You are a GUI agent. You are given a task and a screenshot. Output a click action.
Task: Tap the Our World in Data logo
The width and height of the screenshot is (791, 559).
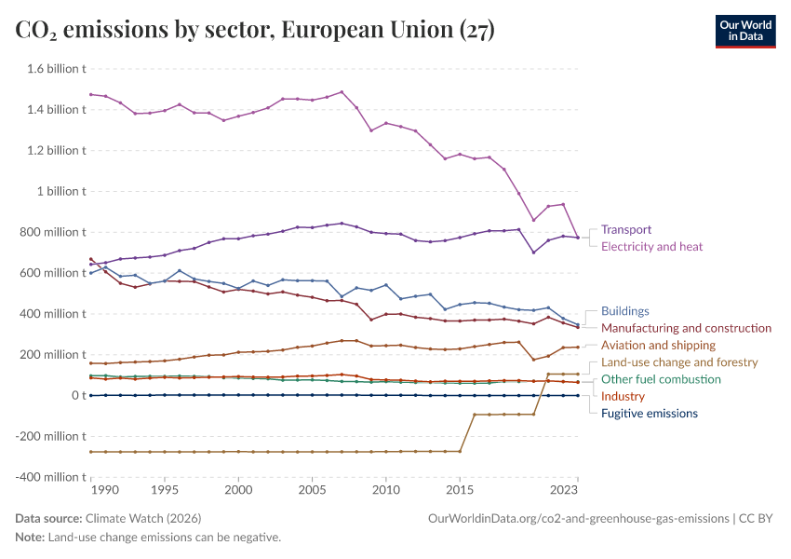pyautogui.click(x=744, y=31)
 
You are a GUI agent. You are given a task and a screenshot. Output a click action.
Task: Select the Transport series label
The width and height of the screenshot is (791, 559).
pyautogui.click(x=625, y=229)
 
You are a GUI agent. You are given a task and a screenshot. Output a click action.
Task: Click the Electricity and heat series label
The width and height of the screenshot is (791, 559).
pyautogui.click(x=651, y=247)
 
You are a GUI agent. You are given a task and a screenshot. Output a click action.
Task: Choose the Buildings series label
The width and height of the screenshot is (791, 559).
pyautogui.click(x=624, y=311)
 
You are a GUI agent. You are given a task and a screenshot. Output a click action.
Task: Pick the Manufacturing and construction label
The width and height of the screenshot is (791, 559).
pyautogui.click(x=686, y=328)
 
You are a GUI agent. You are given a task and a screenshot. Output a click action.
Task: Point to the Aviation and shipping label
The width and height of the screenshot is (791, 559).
pyautogui.click(x=658, y=345)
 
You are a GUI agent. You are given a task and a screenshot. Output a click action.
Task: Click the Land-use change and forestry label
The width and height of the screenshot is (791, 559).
pyautogui.click(x=679, y=362)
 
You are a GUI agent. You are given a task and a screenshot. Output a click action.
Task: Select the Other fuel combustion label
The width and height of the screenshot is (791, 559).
pyautogui.click(x=661, y=379)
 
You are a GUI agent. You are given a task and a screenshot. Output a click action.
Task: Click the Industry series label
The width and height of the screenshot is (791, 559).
pyautogui.click(x=623, y=396)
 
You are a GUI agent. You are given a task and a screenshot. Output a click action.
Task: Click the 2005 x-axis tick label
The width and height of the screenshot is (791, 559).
pyautogui.click(x=312, y=489)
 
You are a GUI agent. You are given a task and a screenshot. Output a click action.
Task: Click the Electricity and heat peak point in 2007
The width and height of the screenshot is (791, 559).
pyautogui.click(x=342, y=92)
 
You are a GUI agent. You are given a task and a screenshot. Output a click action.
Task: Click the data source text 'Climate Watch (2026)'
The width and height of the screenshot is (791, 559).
pyautogui.click(x=142, y=518)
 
